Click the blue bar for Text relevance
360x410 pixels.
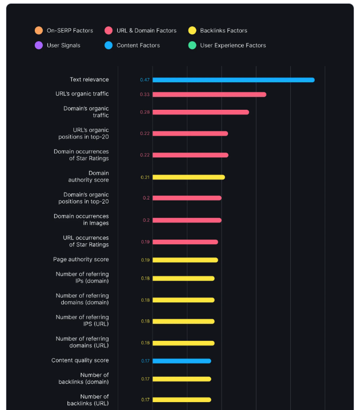233,80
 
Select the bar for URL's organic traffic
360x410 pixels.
209,94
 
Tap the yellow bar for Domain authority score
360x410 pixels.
188,177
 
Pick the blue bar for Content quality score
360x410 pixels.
182,361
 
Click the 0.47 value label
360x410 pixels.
145,80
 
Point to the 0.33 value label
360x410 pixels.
145,94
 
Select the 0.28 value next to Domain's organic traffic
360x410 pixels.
145,112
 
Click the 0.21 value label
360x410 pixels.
145,177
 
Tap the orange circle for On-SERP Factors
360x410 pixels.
39,31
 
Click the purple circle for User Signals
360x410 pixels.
39,45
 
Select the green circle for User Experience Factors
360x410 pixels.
192,45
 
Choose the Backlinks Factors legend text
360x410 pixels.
223,31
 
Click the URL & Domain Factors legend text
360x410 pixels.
146,31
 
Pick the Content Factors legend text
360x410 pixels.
138,45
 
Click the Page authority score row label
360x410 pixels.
81,260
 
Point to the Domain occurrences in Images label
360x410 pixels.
81,220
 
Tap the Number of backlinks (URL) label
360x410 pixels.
88,400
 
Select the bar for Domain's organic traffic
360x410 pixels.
201,112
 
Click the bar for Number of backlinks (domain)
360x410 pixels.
182,379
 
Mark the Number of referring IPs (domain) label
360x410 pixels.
82,278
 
